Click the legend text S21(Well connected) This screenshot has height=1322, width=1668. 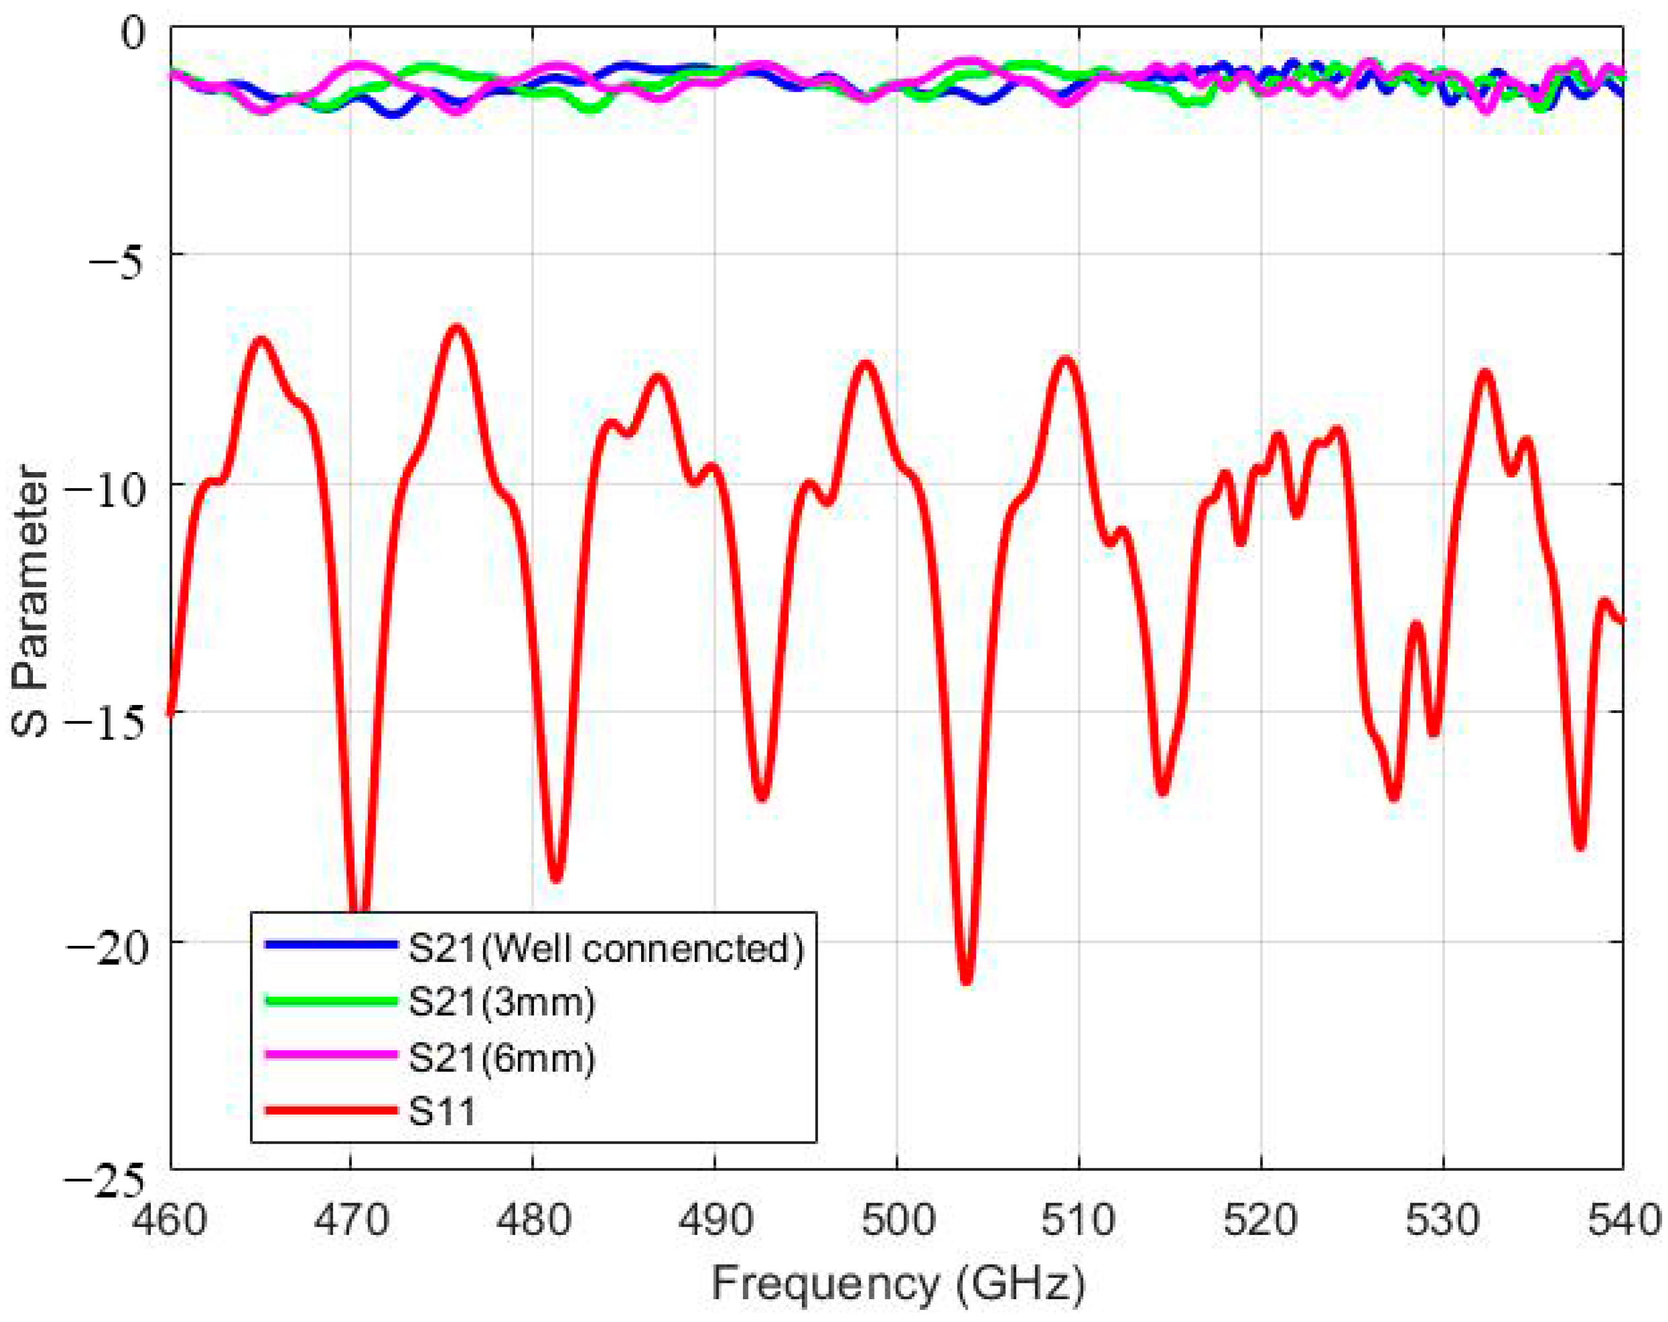(x=606, y=947)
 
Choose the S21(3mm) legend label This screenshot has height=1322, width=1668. (x=502, y=1003)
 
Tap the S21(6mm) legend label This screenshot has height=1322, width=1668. (x=502, y=1057)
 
